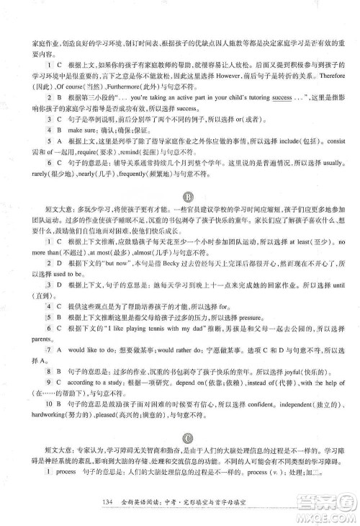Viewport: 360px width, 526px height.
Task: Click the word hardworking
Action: [x=45, y=416]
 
